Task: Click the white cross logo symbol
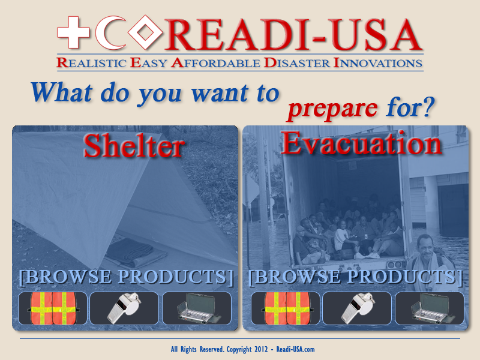point(73,32)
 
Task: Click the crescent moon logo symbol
point(106,33)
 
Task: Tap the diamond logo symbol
point(145,32)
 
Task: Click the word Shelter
point(134,146)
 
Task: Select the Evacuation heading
point(361,143)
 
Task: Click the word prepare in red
point(333,109)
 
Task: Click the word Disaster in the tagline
point(297,63)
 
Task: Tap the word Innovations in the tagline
point(378,63)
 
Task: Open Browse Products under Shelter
point(126,277)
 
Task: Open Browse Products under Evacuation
point(355,277)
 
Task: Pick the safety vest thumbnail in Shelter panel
point(53,308)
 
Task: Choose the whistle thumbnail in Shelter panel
point(124,308)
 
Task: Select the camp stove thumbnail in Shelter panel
point(197,308)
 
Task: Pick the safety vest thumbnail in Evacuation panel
point(286,308)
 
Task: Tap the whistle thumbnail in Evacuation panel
point(357,308)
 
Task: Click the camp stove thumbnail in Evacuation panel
point(430,308)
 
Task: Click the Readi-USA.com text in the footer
point(295,349)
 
